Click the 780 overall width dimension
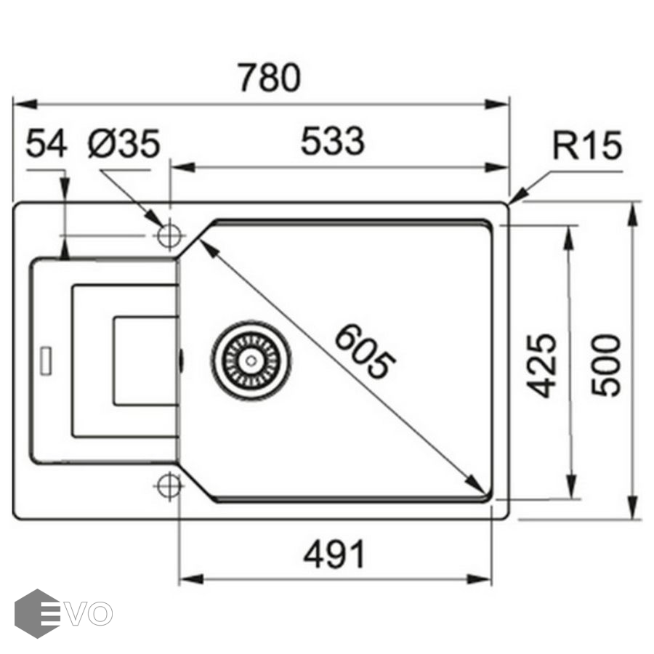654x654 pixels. click(x=270, y=78)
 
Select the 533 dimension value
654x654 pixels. click(x=332, y=142)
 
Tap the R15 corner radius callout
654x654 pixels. click(x=587, y=147)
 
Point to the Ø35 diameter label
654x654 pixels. click(x=124, y=144)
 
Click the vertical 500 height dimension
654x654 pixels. click(x=605, y=365)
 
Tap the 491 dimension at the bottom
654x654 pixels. click(x=335, y=556)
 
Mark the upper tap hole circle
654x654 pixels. click(x=170, y=235)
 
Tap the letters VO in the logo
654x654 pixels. click(x=90, y=613)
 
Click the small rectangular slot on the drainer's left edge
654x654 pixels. click(x=46, y=361)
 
